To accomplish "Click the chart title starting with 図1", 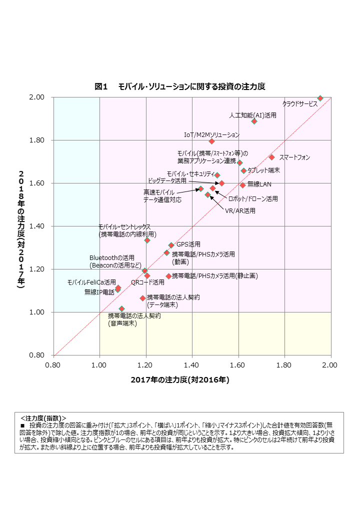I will tap(180, 86).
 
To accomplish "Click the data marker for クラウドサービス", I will tap(320, 98).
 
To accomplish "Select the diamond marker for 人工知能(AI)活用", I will tap(254, 121).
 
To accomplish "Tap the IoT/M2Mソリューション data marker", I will tap(211, 141).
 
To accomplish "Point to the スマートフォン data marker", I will tap(272, 157).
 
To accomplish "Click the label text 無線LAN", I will tap(259, 184).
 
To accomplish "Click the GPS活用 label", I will tap(188, 244).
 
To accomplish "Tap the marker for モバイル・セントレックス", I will tap(147, 240).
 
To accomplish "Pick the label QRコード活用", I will tap(147, 282).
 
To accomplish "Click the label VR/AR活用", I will tap(240, 211).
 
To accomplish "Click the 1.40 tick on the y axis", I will tap(38, 226).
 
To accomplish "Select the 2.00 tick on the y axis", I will tap(38, 97).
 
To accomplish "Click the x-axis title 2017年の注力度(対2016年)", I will tap(180, 380).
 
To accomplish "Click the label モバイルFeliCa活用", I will tap(91, 282).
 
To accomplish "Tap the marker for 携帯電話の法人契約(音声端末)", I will tap(121, 308).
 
